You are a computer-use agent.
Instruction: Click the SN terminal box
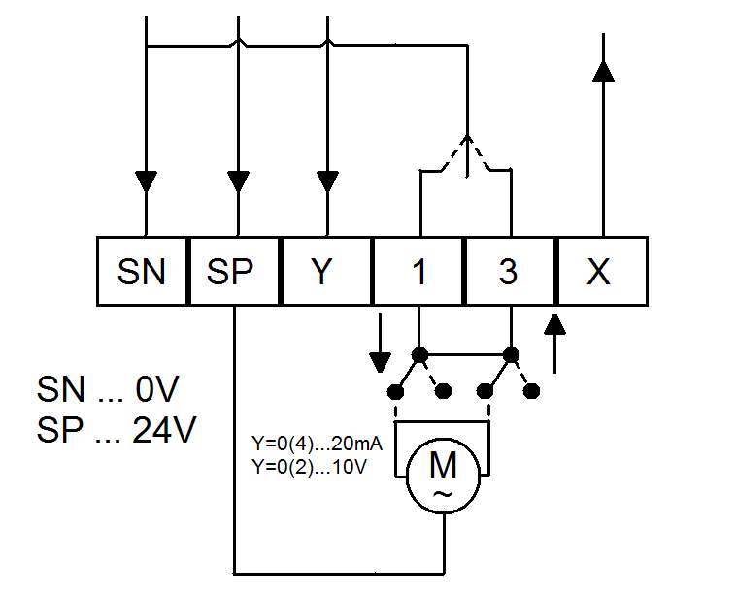click(x=143, y=272)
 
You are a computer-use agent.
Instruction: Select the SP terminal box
click(x=234, y=272)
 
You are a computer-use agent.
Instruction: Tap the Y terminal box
click(x=326, y=272)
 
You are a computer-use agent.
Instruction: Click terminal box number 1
click(x=418, y=272)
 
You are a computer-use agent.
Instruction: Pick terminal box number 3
click(x=509, y=272)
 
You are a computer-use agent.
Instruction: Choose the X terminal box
click(x=600, y=272)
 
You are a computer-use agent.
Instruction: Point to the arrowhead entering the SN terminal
click(x=145, y=181)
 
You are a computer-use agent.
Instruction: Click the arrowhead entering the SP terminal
click(x=236, y=181)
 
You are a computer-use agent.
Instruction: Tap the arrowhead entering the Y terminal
click(x=327, y=181)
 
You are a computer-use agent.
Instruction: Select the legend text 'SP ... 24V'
click(x=117, y=430)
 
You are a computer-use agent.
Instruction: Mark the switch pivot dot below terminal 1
click(x=418, y=354)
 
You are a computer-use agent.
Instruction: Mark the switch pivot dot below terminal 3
click(x=510, y=354)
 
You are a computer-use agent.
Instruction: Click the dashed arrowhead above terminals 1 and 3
click(x=467, y=144)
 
